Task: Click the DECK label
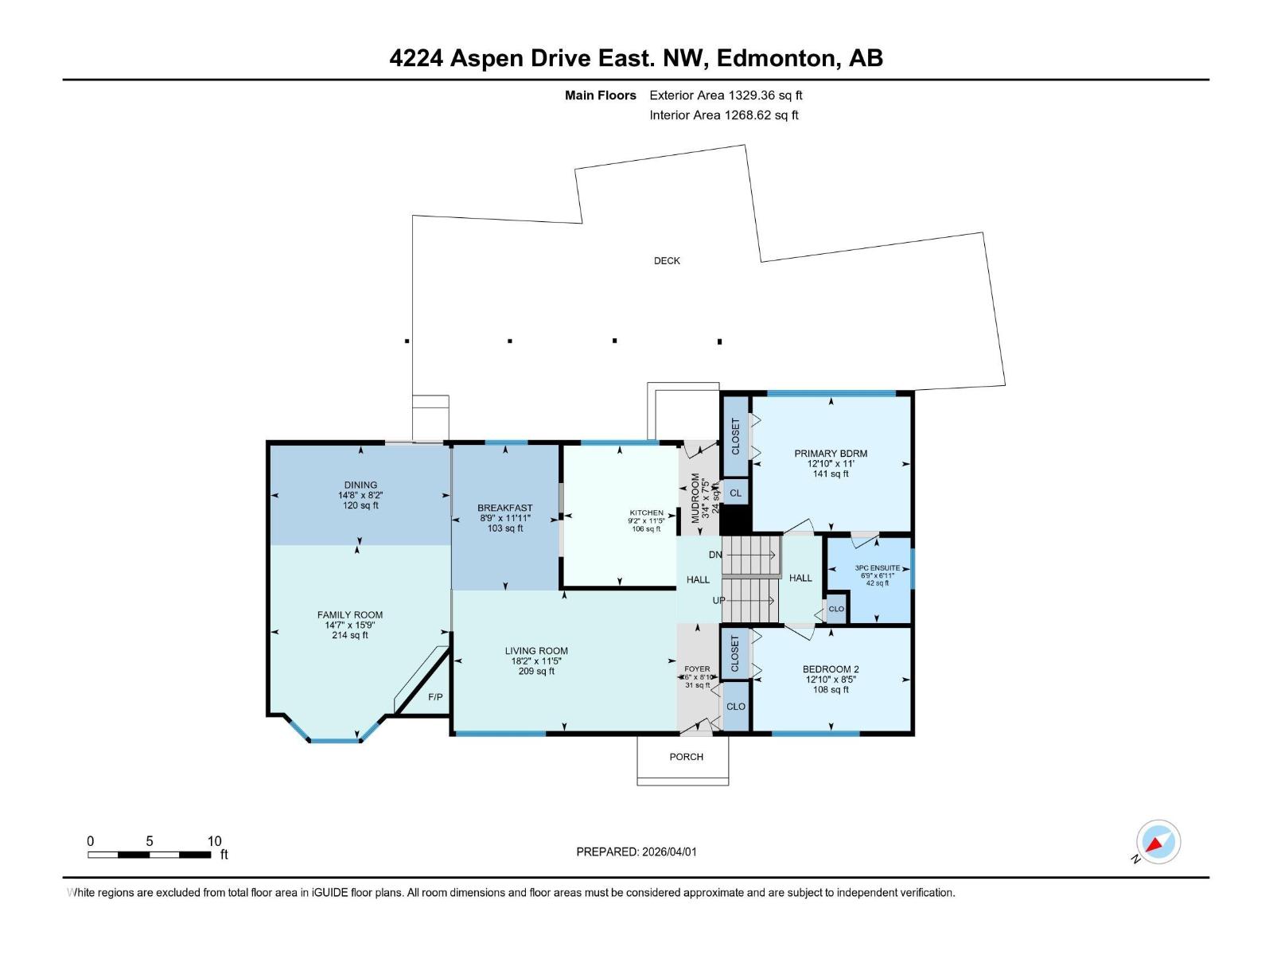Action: (x=667, y=260)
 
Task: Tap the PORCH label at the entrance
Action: (x=686, y=757)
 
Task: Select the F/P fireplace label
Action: (x=435, y=697)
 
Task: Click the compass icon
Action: (x=1158, y=842)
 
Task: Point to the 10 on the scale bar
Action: (x=214, y=841)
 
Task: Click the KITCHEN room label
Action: (x=646, y=513)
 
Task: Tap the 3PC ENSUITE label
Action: (x=878, y=568)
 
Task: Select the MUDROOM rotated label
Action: (x=695, y=497)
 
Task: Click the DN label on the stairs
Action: (x=715, y=555)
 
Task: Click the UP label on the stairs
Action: (x=718, y=600)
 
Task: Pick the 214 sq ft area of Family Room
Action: (x=350, y=635)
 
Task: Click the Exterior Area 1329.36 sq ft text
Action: (x=726, y=95)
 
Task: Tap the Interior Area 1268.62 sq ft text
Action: (x=723, y=115)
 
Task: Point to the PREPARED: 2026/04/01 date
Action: (x=636, y=852)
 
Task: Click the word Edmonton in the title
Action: (x=779, y=58)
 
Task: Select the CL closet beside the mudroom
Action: (x=735, y=493)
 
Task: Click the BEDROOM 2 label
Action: (x=831, y=669)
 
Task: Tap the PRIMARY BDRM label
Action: (x=831, y=454)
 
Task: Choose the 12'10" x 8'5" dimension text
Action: (x=831, y=680)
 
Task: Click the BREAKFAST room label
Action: (x=505, y=508)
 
